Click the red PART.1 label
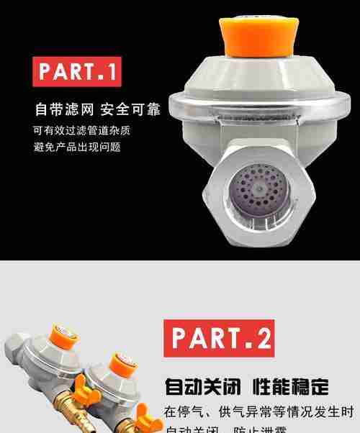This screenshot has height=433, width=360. click(77, 72)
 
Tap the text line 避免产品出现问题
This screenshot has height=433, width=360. click(76, 147)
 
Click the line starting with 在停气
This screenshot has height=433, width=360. click(258, 412)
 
